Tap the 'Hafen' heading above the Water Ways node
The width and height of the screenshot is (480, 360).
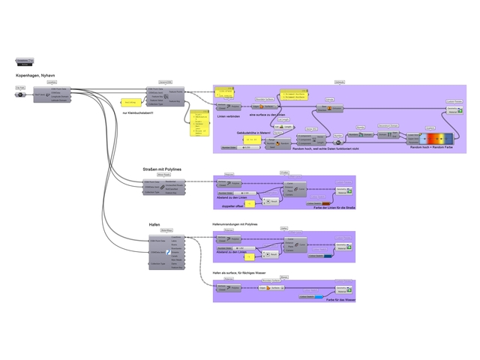(154, 224)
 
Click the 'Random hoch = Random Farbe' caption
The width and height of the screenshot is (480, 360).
(432, 148)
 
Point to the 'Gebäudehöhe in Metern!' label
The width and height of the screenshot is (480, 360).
(253, 132)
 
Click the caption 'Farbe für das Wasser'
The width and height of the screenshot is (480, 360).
(340, 299)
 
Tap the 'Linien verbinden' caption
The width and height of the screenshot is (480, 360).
(227, 117)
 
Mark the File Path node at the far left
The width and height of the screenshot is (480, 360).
(20, 88)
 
